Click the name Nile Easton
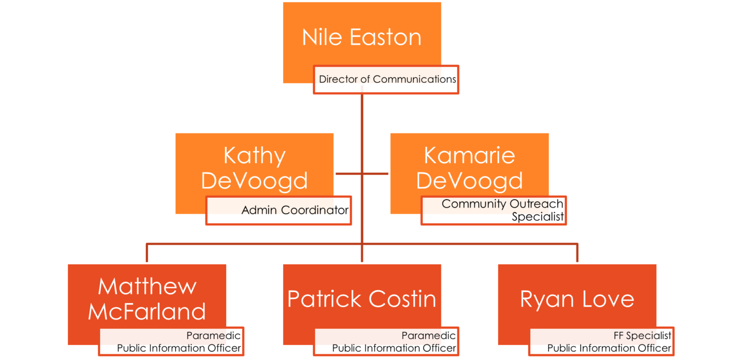[x=362, y=37]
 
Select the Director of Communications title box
[x=386, y=80]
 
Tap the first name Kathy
[x=254, y=156]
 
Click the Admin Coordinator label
[x=295, y=210]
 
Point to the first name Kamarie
[x=469, y=156]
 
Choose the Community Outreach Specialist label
[x=502, y=210]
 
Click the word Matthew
[x=147, y=287]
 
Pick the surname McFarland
[x=147, y=311]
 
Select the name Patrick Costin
[x=362, y=299]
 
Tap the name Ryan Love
[x=577, y=299]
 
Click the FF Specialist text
[x=642, y=336]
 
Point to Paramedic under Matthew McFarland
[x=213, y=336]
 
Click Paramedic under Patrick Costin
[x=429, y=336]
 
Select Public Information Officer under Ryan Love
[x=609, y=348]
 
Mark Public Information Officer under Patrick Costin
[x=394, y=348]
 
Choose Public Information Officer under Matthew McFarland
[x=179, y=348]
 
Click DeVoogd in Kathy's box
[x=254, y=181]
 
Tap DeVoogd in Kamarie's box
[x=469, y=181]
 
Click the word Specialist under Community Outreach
[x=538, y=217]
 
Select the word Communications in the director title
[x=415, y=80]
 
